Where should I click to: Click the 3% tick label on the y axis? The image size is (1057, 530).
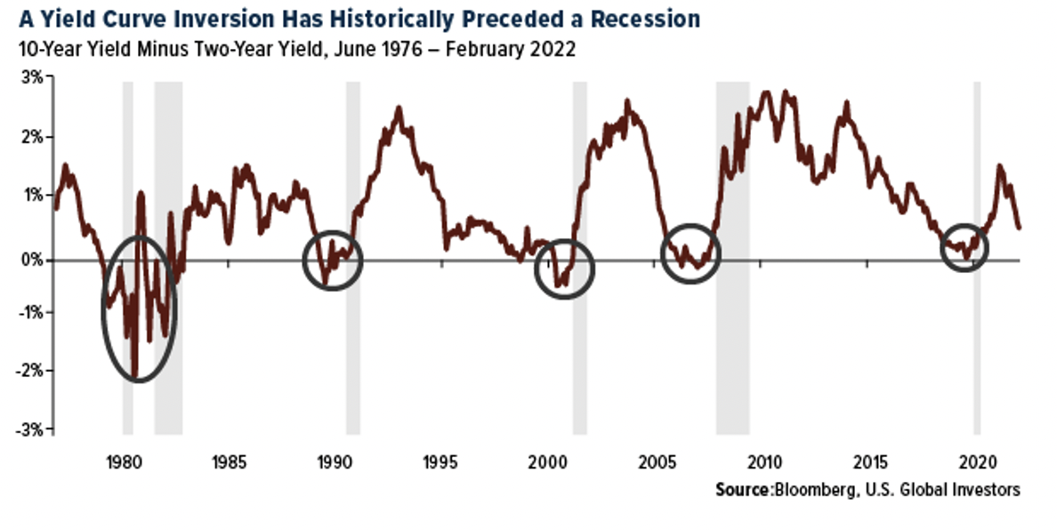tap(30, 77)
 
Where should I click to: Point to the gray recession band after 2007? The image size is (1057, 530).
tap(733, 178)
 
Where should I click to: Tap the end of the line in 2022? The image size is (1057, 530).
tap(1019, 229)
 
